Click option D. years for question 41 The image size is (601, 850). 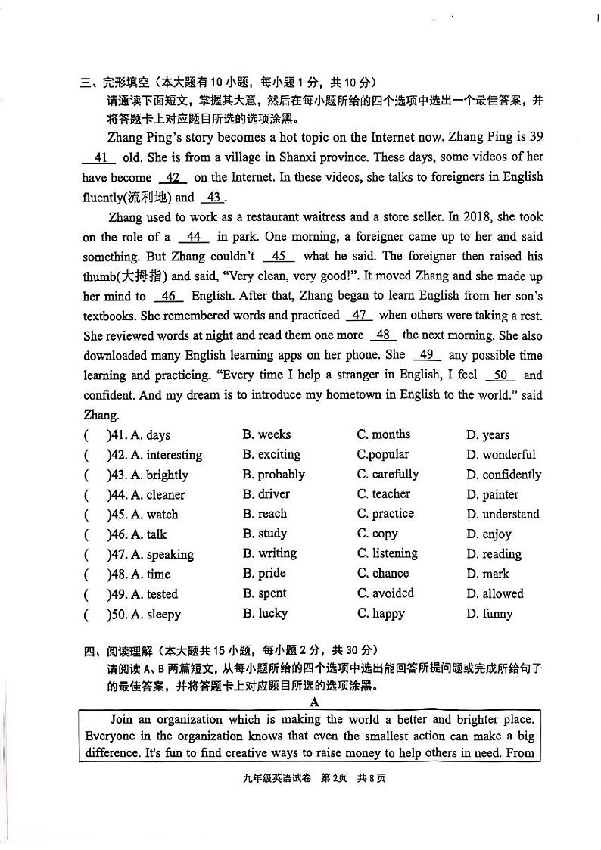click(487, 434)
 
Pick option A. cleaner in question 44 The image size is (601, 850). click(157, 494)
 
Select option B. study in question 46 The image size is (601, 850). click(264, 534)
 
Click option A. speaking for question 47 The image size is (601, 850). click(162, 554)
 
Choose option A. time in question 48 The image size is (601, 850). click(151, 574)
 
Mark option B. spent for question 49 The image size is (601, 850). click(264, 593)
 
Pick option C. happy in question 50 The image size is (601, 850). click(381, 613)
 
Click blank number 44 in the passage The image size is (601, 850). click(193, 236)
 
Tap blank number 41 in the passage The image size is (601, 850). click(99, 157)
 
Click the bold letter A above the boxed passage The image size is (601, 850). click(314, 702)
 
